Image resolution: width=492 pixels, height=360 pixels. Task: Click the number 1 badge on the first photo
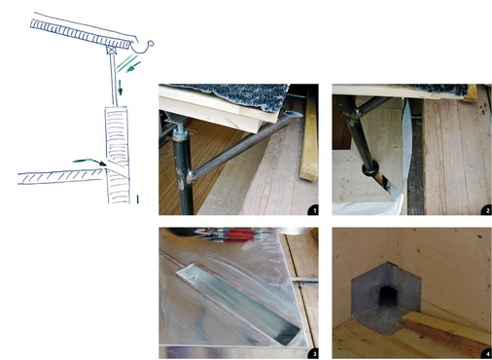(313, 210)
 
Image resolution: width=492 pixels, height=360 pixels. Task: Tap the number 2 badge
(487, 210)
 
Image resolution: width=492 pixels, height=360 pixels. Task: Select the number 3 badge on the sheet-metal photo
(313, 353)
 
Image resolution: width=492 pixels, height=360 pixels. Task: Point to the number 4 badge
(487, 353)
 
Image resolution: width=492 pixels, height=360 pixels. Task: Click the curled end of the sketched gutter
(151, 44)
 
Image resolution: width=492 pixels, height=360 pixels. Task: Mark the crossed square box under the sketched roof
(112, 51)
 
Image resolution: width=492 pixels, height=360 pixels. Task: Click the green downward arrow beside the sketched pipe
(120, 88)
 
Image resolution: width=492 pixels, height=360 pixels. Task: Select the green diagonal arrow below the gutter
(133, 67)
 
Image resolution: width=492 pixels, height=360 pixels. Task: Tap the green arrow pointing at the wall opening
(89, 162)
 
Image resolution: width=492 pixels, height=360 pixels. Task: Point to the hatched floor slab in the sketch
(60, 177)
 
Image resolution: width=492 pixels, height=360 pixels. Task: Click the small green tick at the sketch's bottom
(137, 198)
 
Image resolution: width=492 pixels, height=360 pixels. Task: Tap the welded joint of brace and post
(189, 177)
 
